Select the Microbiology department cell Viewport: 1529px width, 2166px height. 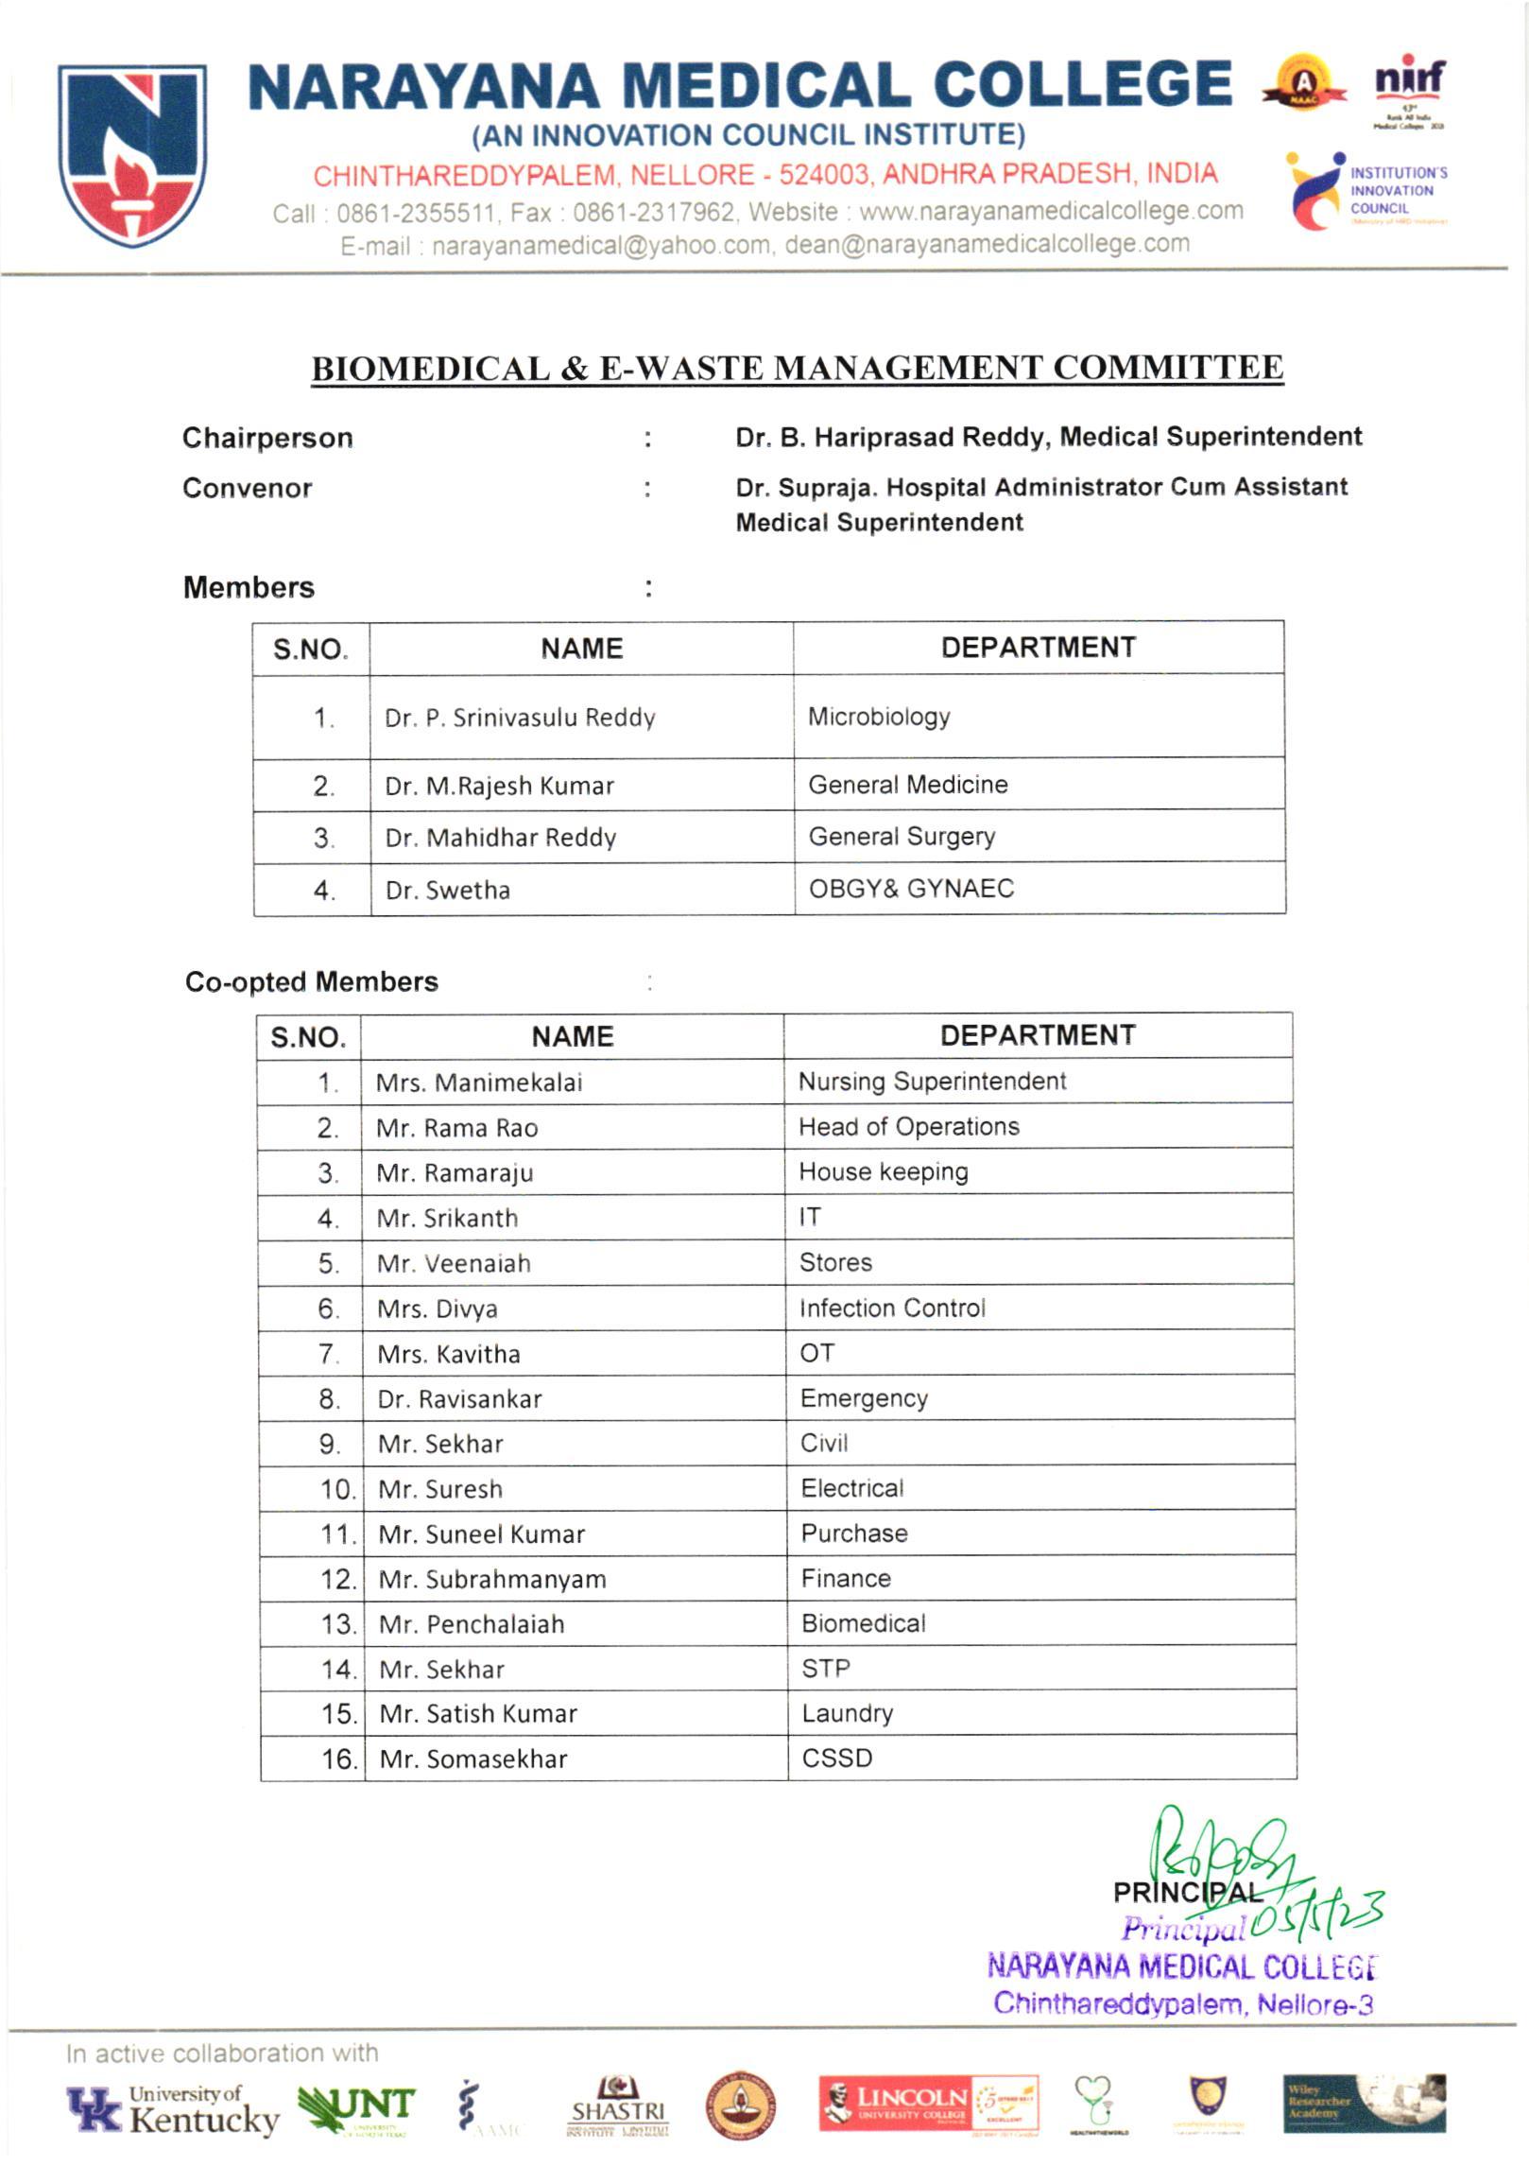[x=879, y=717]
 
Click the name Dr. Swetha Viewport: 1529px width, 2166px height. [x=447, y=891]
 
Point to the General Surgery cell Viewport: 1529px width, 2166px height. [x=902, y=837]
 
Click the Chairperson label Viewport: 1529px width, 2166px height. [x=267, y=438]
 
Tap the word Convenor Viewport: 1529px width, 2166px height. [x=247, y=489]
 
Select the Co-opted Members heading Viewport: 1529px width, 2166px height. [x=312, y=982]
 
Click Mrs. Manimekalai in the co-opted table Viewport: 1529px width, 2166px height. [x=479, y=1083]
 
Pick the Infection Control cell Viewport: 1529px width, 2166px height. [x=892, y=1308]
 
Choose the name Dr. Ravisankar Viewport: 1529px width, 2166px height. [x=459, y=1399]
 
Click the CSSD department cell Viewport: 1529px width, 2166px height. [x=836, y=1759]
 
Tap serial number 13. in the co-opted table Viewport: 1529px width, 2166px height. [x=337, y=1624]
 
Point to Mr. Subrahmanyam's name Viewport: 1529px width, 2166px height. [x=492, y=1580]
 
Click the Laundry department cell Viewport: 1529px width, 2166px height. [x=847, y=1713]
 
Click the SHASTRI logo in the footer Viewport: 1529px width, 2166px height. [x=618, y=2107]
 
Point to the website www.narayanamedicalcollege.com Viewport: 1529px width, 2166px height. [x=1051, y=211]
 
